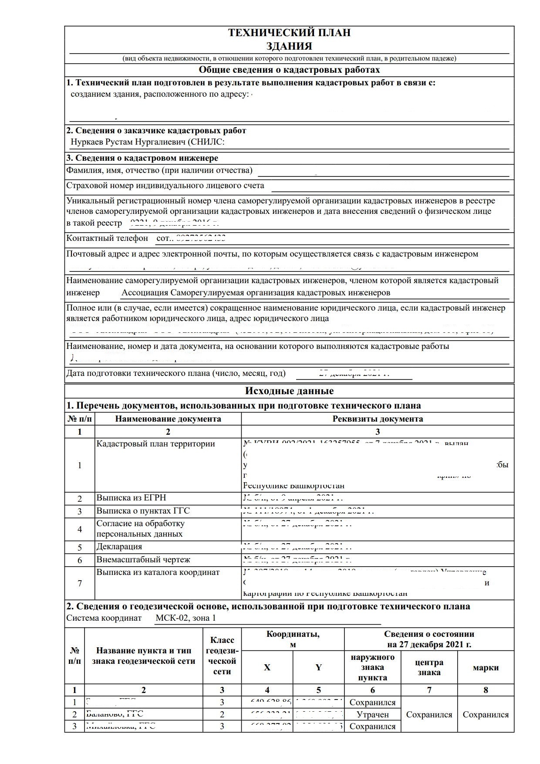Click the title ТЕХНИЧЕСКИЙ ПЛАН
point(289,33)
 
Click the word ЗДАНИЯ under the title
point(289,46)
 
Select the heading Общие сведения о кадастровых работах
point(289,70)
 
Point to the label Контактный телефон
point(107,238)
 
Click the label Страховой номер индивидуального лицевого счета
point(165,186)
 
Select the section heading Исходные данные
point(289,391)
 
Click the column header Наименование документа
point(168,419)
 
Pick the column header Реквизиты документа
point(378,419)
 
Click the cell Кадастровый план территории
point(155,444)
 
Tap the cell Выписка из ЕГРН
point(131,498)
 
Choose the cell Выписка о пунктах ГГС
point(143,511)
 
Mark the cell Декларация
point(119,547)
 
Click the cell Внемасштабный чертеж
point(143,560)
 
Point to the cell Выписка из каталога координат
point(158,572)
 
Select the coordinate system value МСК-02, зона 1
point(186,618)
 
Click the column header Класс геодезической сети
point(222,656)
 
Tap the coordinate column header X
point(267,667)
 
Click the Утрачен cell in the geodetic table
point(372,714)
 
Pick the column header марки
point(486,667)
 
